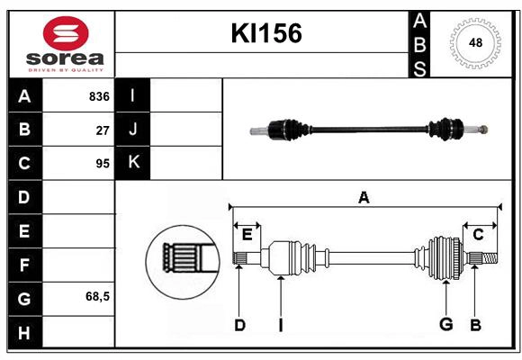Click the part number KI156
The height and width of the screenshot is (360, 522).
[x=266, y=33]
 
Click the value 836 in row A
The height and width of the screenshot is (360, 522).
[x=99, y=96]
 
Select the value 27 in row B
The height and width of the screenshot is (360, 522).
[x=103, y=130]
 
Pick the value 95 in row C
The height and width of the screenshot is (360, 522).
[x=103, y=164]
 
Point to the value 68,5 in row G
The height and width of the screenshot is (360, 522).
[x=97, y=296]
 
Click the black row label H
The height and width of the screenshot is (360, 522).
[x=24, y=333]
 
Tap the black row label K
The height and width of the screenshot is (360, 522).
[x=134, y=163]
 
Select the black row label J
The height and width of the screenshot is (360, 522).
[x=134, y=130]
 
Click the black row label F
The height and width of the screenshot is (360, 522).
[x=24, y=265]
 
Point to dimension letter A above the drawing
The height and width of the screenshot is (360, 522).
[x=364, y=197]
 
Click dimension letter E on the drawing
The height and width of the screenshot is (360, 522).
[x=247, y=235]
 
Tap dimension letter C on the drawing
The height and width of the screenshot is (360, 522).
[x=478, y=235]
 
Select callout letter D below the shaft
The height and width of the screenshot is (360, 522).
[x=239, y=325]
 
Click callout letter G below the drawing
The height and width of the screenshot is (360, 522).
[x=445, y=325]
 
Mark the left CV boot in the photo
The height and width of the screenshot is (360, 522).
[x=289, y=130]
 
